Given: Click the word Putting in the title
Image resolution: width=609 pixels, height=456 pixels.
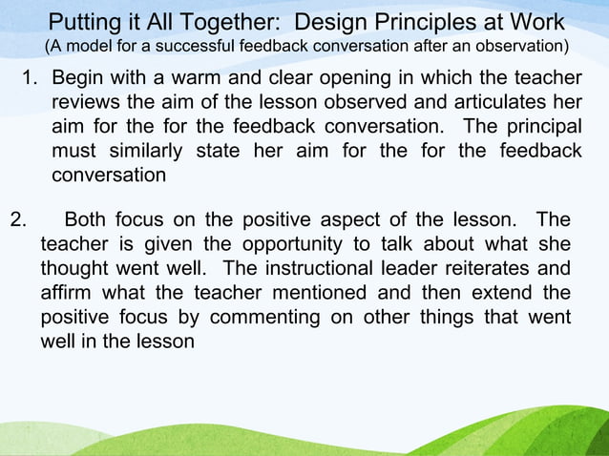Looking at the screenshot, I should point(82,22).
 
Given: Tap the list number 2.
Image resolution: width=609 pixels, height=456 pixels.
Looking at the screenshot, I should point(15,219).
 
